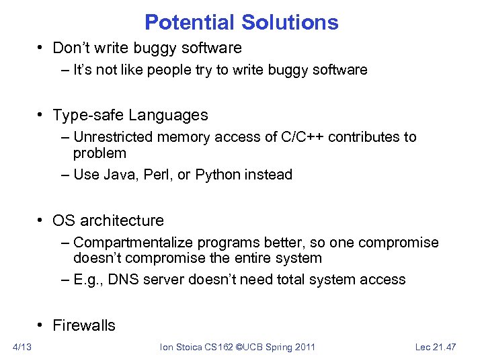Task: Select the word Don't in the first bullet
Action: (x=70, y=48)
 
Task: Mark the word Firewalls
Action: (x=84, y=325)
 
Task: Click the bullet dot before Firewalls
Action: (x=42, y=326)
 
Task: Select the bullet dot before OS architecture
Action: (x=42, y=221)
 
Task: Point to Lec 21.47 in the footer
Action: (x=436, y=347)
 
